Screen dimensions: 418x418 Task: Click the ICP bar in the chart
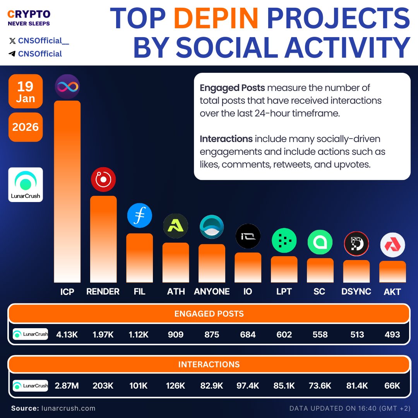point(67,192)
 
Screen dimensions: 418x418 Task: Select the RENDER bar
point(103,239)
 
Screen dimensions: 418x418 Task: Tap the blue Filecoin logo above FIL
point(140,216)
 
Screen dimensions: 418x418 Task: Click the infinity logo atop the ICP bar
point(67,86)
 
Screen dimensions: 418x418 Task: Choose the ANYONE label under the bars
point(212,291)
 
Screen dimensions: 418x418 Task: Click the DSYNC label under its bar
point(356,291)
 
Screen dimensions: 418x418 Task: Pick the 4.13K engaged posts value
point(67,334)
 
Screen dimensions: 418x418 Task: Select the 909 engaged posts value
point(176,334)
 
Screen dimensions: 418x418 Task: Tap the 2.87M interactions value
point(67,386)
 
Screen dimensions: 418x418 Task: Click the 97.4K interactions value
point(248,386)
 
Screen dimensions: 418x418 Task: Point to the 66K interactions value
point(392,386)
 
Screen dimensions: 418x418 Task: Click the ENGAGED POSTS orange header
point(209,313)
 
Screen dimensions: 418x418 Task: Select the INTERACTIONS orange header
point(209,365)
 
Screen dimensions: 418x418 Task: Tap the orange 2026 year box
point(26,127)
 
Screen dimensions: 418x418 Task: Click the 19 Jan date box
point(26,91)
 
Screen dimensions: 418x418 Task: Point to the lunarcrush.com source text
point(67,408)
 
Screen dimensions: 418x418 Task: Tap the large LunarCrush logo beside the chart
point(26,185)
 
